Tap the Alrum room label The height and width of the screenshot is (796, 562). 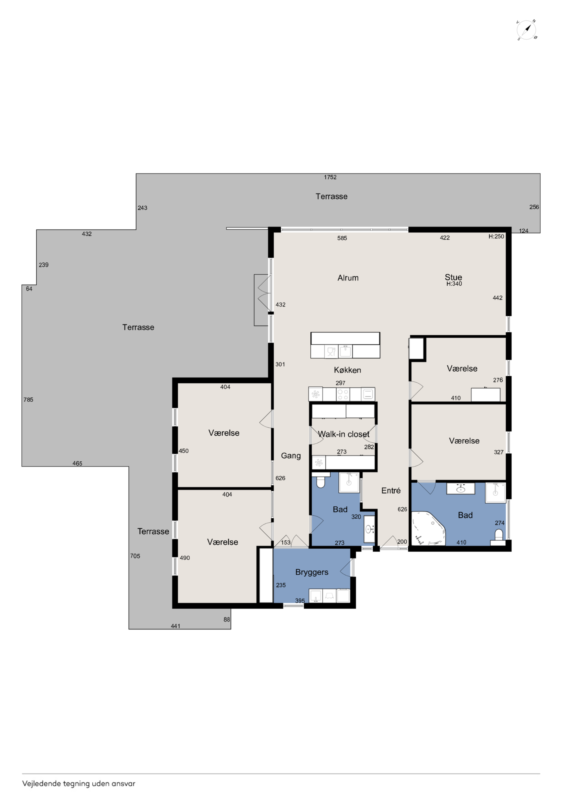point(348,278)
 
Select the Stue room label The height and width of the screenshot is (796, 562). point(453,277)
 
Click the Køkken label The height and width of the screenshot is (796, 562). point(347,370)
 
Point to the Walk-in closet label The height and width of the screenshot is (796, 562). point(343,434)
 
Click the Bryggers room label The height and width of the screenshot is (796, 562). point(312,572)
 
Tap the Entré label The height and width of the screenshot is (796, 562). point(391,490)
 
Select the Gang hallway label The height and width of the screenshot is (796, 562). point(291,456)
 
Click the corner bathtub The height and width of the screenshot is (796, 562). point(428,528)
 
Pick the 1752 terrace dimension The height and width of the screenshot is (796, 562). point(330,177)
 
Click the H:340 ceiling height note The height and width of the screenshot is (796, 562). point(454,283)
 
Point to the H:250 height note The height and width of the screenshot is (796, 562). point(496,236)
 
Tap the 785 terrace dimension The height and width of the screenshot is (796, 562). point(28,400)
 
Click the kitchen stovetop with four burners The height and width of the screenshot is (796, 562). point(343,394)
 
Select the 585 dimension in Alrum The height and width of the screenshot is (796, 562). point(342,238)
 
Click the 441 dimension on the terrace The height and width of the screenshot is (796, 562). point(176,626)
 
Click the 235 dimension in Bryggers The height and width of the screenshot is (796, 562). point(281,585)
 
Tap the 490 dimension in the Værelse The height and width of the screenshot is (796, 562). point(185,558)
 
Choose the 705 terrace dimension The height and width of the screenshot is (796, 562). point(135,556)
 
